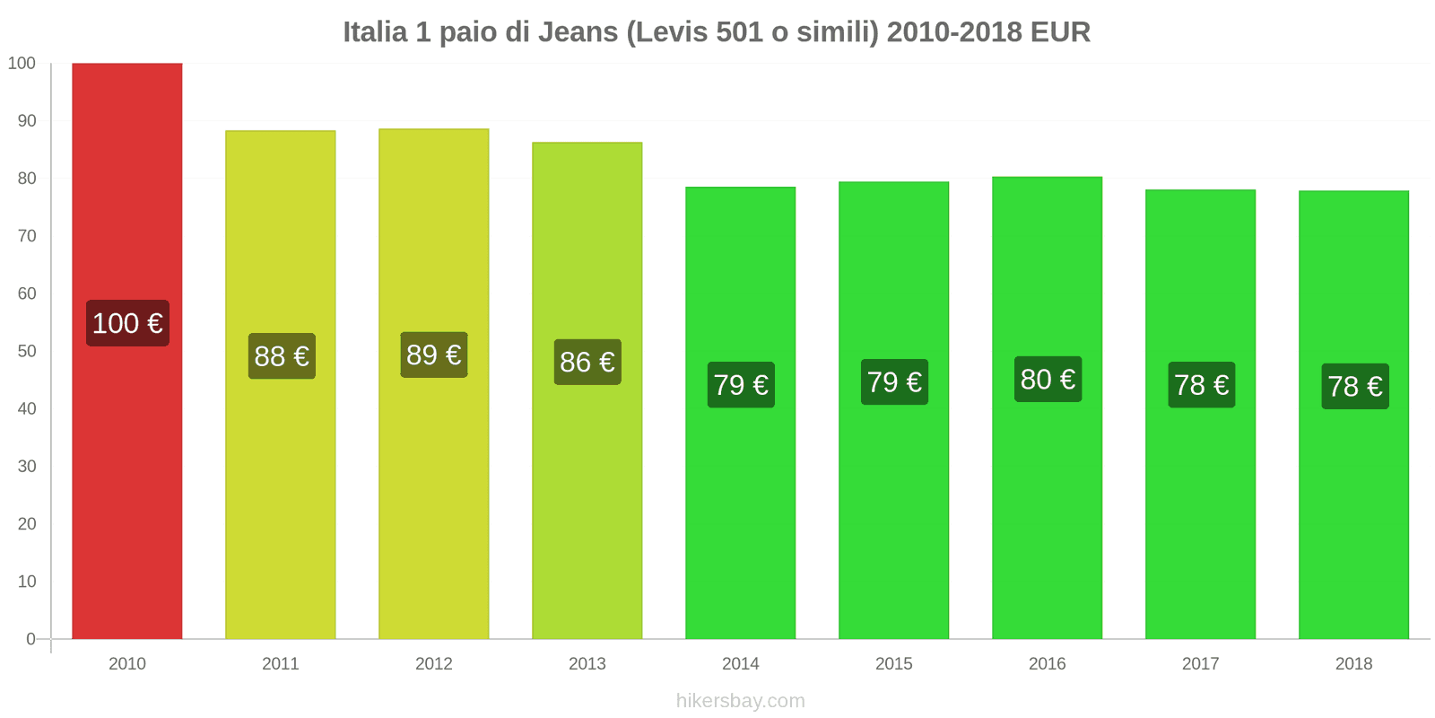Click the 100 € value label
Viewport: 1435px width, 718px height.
[127, 323]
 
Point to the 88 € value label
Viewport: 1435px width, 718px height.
[282, 356]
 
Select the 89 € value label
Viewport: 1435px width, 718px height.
[434, 355]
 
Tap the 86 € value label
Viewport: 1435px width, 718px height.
[587, 362]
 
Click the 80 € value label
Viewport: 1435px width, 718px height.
[1048, 380]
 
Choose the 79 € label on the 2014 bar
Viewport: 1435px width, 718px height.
[741, 385]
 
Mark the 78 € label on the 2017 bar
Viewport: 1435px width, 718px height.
[1201, 385]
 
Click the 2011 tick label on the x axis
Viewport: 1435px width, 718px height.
[281, 663]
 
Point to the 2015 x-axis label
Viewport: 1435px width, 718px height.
[894, 663]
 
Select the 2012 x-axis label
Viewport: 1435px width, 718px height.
[434, 663]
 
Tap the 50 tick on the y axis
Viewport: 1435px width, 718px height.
[27, 351]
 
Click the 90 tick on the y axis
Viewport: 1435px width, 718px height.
[27, 121]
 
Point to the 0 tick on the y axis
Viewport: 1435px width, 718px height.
[30, 639]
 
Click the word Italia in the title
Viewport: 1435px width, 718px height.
[375, 32]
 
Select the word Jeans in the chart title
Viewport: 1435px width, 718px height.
[578, 32]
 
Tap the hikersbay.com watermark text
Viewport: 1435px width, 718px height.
[741, 701]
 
